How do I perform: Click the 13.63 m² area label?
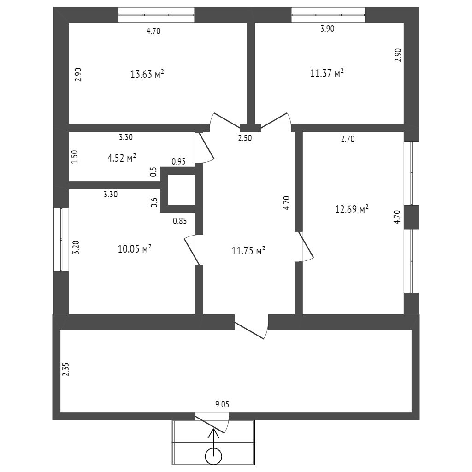click(147, 74)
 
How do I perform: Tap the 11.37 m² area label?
click(327, 73)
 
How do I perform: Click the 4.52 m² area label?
click(122, 158)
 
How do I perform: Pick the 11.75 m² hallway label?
click(248, 251)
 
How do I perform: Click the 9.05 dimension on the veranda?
click(222, 404)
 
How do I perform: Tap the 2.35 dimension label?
click(65, 370)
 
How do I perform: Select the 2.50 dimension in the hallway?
click(245, 137)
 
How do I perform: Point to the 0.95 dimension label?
click(179, 162)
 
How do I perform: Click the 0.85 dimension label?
click(180, 221)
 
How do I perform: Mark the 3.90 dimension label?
click(327, 29)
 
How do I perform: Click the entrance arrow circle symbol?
click(213, 456)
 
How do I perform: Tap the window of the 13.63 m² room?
click(156, 15)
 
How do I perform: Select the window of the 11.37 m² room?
click(328, 15)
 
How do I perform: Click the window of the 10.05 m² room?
click(61, 239)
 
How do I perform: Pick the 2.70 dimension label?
click(348, 139)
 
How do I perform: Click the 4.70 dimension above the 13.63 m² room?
click(153, 31)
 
